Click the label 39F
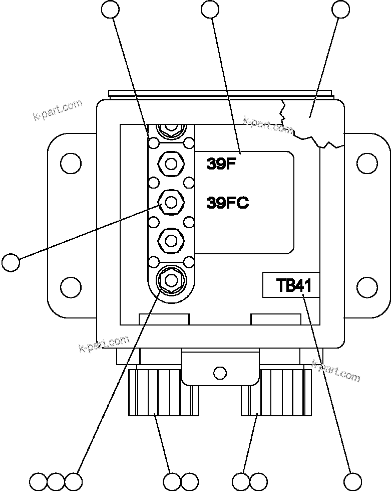(221, 164)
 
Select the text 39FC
(227, 203)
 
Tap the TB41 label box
(291, 285)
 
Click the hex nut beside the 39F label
(171, 163)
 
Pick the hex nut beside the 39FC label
(171, 203)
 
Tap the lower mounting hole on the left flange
(71, 287)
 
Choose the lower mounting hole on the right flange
(367, 287)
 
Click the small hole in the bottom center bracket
(219, 373)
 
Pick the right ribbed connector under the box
(276, 392)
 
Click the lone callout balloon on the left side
(11, 262)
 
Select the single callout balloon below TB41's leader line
(352, 481)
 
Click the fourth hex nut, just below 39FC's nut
(171, 241)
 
